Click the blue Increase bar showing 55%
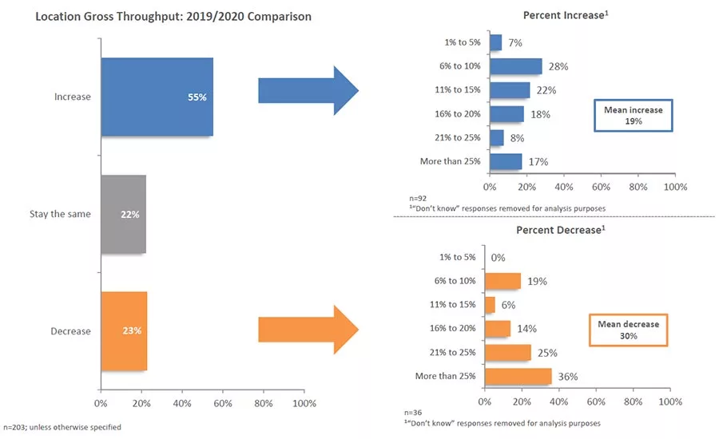click(x=157, y=97)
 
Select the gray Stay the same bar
click(x=124, y=214)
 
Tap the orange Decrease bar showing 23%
click(x=125, y=331)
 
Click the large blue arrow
click(x=308, y=90)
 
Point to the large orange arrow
click(x=308, y=330)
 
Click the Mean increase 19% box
click(x=634, y=116)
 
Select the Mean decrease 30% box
click(x=628, y=330)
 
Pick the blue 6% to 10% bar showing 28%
click(x=516, y=66)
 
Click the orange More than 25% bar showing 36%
click(x=518, y=377)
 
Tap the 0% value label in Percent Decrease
click(x=498, y=258)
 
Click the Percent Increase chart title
click(x=566, y=15)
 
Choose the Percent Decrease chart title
click(x=561, y=230)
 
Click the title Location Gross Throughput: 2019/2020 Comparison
click(x=173, y=17)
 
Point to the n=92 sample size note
click(x=418, y=199)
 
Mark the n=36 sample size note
click(x=413, y=413)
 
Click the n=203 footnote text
click(x=62, y=427)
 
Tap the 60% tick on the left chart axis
click(x=223, y=403)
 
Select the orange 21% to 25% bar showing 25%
click(x=507, y=353)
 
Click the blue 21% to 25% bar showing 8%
click(x=497, y=138)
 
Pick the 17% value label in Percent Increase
click(x=538, y=162)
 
